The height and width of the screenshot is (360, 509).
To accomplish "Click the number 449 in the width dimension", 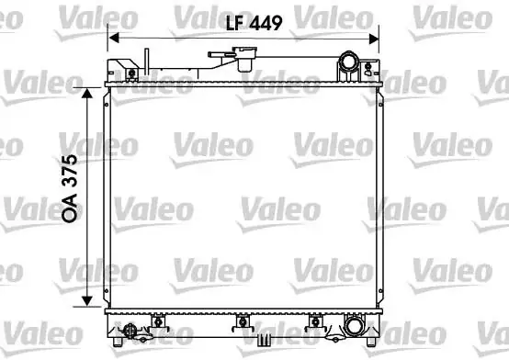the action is tap(266, 23).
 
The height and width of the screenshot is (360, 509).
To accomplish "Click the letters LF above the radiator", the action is tap(235, 23).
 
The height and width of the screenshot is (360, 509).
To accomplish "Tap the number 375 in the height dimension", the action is tap(70, 171).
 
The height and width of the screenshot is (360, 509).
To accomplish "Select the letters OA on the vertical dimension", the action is tap(70, 208).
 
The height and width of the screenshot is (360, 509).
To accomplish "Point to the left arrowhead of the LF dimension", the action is tap(114, 38).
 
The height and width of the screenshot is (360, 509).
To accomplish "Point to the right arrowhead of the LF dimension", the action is tap(374, 39).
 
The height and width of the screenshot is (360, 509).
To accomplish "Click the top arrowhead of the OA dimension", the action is tap(87, 93).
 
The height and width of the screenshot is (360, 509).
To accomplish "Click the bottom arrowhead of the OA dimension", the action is tap(87, 301).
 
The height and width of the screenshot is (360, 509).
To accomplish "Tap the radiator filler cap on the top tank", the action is tap(244, 59).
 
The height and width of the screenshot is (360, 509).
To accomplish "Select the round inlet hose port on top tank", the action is tap(349, 62).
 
